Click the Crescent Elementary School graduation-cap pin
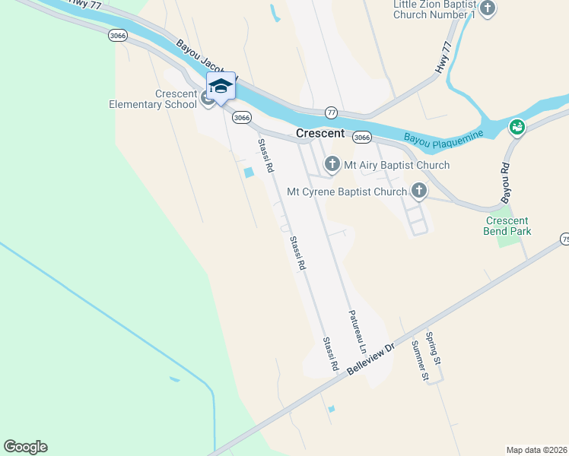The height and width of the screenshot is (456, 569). pyautogui.click(x=221, y=87)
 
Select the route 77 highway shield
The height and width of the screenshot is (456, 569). pyautogui.click(x=331, y=112)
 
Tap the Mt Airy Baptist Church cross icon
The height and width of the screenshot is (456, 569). pyautogui.click(x=332, y=164)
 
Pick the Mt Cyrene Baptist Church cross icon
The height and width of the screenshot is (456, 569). pyautogui.click(x=418, y=191)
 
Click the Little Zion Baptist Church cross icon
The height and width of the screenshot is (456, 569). pyautogui.click(x=488, y=9)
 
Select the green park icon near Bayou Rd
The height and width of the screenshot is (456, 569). pyautogui.click(x=517, y=127)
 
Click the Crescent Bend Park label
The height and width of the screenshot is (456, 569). pyautogui.click(x=507, y=226)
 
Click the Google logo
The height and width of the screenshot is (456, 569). pyautogui.click(x=25, y=447)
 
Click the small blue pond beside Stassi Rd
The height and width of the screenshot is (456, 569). pyautogui.click(x=248, y=173)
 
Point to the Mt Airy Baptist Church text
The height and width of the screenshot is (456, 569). pyautogui.click(x=397, y=165)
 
